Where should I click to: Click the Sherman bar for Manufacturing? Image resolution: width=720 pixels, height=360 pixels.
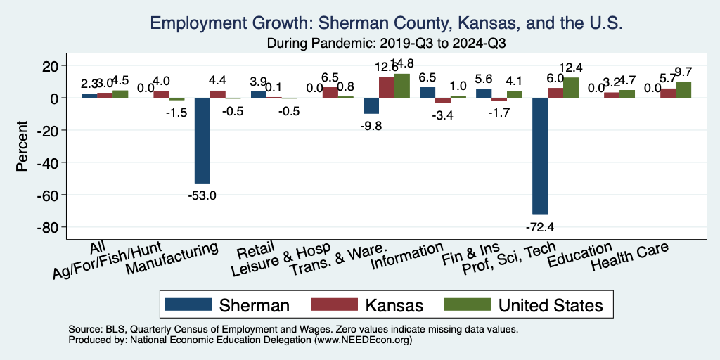point(202,140)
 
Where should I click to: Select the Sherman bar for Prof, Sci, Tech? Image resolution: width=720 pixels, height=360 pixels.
point(540,156)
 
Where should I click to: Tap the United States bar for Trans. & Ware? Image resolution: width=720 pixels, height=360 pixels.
point(401,86)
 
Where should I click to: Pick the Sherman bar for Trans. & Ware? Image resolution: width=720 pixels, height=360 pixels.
point(371,105)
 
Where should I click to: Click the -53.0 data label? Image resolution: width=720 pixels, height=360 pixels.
point(202,194)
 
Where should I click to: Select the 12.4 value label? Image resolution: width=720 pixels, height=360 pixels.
point(570,67)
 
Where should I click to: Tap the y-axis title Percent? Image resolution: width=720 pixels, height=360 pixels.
point(22,146)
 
